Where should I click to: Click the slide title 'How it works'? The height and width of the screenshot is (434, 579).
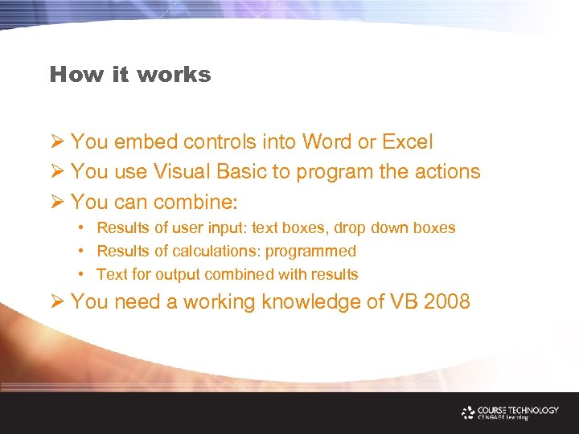coord(130,75)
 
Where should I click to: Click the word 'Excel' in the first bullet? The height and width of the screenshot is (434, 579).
coord(407,142)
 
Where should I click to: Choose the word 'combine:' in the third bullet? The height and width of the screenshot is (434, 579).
coord(203,201)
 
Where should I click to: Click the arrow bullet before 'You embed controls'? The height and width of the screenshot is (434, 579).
coord(57,142)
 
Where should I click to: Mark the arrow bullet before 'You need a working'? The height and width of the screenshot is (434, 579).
coord(57,302)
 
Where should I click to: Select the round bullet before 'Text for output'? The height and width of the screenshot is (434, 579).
coord(82,275)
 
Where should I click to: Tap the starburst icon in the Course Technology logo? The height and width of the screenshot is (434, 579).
coord(469,412)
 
